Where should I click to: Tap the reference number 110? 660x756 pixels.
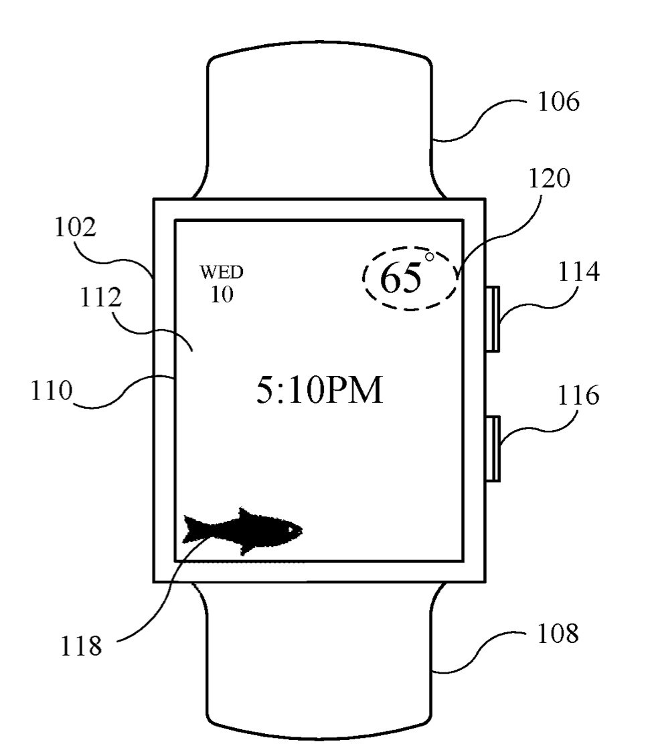[51, 389]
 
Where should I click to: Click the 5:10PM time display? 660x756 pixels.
[319, 391]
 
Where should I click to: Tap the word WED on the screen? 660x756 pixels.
[221, 272]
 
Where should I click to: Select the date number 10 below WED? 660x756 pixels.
[221, 295]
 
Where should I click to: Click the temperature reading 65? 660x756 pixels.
[401, 279]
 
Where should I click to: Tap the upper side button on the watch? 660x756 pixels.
[493, 318]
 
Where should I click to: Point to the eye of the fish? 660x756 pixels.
[289, 528]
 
